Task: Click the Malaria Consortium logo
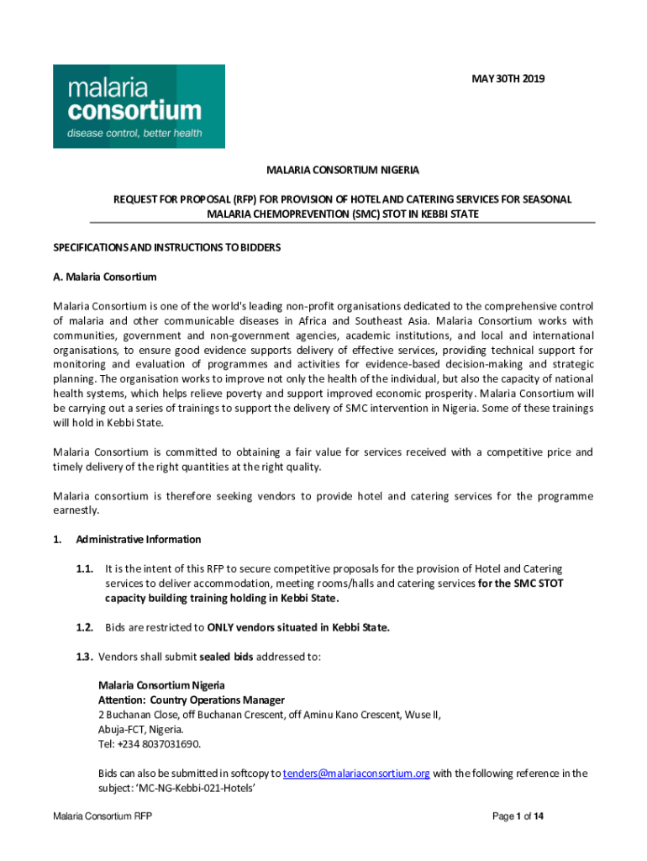139,107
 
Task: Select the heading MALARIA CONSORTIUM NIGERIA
343,171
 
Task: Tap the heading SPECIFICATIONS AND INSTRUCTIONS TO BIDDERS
166,247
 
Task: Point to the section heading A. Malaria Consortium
105,277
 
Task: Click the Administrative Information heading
139,539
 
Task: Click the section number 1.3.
82,656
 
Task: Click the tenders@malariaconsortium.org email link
356,773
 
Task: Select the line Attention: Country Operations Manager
192,700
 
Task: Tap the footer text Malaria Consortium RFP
102,816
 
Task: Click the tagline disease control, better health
134,133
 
